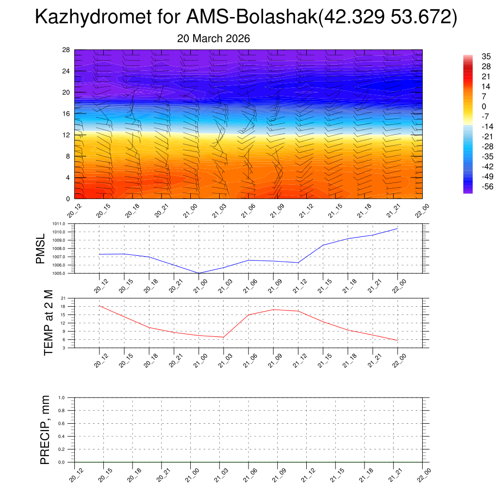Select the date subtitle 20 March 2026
(x=214, y=39)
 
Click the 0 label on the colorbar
(x=470, y=106)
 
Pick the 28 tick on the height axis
(x=66, y=50)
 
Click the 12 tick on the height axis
(x=66, y=135)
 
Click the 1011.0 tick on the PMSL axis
(x=64, y=224)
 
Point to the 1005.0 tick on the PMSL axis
(x=64, y=274)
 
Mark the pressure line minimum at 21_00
(x=199, y=273)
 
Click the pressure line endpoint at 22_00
(x=398, y=229)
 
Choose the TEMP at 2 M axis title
(x=48, y=323)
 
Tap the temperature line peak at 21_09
(x=273, y=310)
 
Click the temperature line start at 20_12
(x=99, y=306)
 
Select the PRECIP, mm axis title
(x=45, y=430)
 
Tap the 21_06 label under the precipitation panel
(x=247, y=478)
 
